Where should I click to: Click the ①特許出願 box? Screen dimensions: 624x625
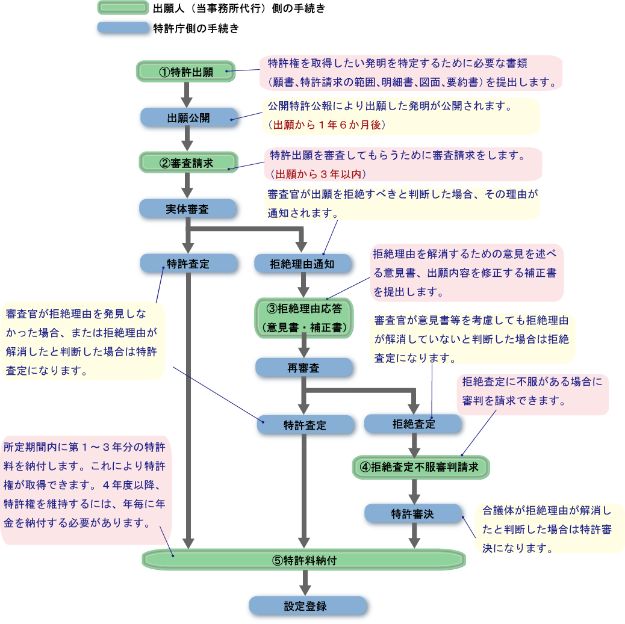186,72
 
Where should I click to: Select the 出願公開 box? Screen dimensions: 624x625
188,117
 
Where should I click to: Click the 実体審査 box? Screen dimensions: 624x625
187,209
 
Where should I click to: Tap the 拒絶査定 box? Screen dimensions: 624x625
413,424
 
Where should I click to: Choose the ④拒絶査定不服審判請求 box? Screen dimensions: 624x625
420,467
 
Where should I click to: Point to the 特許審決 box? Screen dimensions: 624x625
412,513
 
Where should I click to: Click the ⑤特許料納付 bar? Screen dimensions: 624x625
304,560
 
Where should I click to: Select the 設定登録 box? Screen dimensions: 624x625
307,605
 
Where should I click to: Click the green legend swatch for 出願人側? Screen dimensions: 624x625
123,8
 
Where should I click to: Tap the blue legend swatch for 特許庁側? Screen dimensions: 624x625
123,28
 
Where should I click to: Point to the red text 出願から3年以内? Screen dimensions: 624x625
319,174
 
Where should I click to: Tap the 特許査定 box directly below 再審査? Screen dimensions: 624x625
305,424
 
